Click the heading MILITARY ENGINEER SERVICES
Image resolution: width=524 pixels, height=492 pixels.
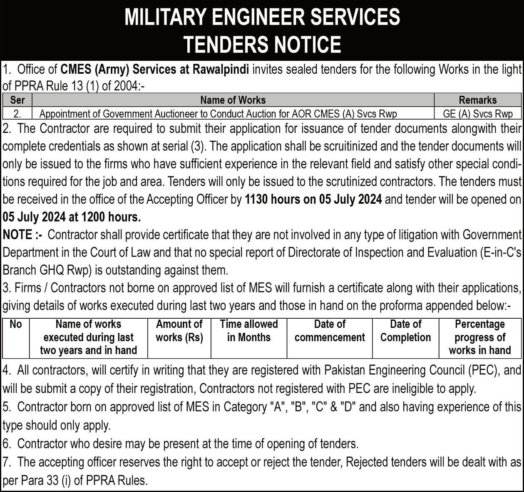[x=262, y=17]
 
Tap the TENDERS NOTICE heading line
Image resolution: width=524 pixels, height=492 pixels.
[x=262, y=44]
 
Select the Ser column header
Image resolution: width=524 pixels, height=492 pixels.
[x=17, y=100]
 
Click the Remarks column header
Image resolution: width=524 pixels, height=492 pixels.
[x=477, y=100]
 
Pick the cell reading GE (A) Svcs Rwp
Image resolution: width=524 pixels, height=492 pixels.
[x=477, y=114]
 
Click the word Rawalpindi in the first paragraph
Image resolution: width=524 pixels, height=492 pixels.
[x=221, y=69]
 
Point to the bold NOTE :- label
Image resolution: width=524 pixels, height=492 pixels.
[x=22, y=235]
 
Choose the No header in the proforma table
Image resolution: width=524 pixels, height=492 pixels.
[x=16, y=325]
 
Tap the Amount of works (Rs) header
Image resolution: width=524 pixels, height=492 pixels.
[x=179, y=331]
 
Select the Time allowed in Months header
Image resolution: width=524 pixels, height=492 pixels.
[x=249, y=331]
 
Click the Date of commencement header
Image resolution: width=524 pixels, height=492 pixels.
[x=330, y=331]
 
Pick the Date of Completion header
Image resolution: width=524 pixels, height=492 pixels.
[x=405, y=331]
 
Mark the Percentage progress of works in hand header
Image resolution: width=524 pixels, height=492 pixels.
[x=480, y=337]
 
